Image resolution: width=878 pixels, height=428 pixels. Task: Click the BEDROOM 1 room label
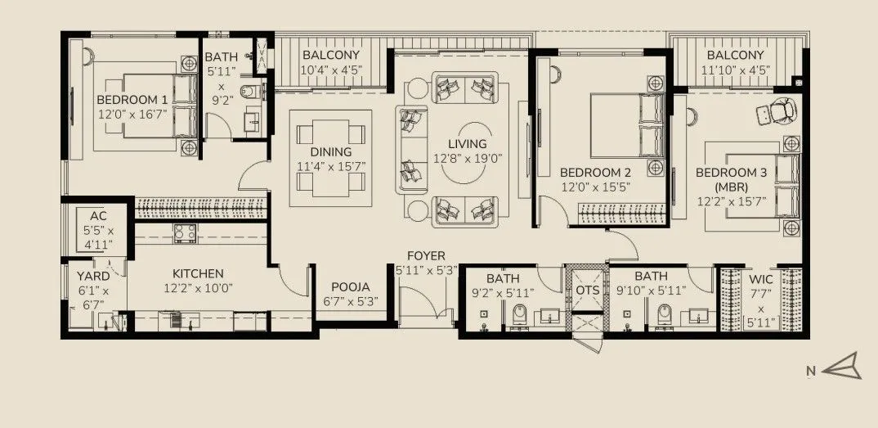coord(132,100)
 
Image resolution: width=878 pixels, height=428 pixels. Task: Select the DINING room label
coord(330,152)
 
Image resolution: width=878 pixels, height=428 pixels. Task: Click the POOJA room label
coord(351,287)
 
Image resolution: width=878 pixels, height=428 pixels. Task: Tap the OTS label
coord(587,291)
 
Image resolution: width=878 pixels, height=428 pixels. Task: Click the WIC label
coord(759,279)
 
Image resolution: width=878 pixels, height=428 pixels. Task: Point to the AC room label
coord(97,216)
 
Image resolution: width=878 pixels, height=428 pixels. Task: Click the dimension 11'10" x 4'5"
coord(735,70)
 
